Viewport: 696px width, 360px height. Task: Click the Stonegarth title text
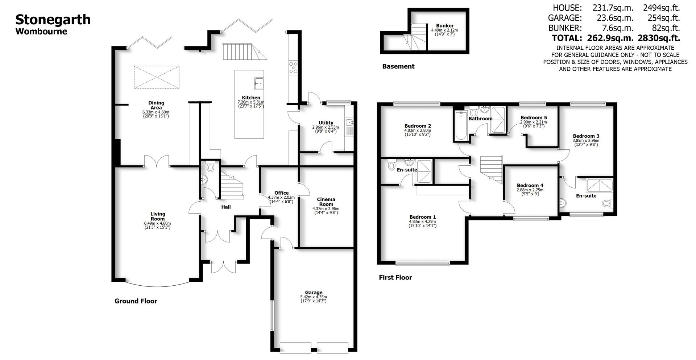53,20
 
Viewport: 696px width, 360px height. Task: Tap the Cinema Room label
326,202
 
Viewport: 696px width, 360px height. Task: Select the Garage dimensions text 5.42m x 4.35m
313,297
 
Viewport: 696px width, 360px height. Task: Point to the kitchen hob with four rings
293,68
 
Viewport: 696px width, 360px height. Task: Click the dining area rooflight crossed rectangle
157,77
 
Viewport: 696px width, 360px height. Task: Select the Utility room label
326,123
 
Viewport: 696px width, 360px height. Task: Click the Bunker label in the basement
444,26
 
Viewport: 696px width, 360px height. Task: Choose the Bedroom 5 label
533,117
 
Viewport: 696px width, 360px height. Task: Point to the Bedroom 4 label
530,185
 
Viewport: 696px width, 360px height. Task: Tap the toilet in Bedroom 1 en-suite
391,166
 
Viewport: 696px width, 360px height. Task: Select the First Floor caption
395,277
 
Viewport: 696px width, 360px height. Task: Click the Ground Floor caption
136,301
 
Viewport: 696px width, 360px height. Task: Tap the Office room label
281,193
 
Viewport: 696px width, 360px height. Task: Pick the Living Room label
158,216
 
